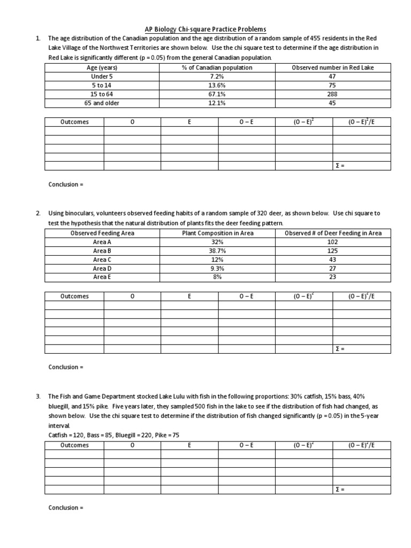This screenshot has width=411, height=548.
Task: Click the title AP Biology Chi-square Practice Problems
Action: coord(205,29)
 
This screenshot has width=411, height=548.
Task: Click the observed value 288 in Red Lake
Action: coord(332,94)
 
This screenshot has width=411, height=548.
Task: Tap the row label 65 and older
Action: coord(102,103)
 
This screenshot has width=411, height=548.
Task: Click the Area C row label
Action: coord(102,260)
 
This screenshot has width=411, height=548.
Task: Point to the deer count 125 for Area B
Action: coord(332,250)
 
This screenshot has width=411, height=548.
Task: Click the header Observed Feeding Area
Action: coord(102,233)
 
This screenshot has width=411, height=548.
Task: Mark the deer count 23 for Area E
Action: coord(332,277)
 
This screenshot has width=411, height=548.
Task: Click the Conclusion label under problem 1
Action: coord(66,185)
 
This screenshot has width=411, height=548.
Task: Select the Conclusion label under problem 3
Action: coord(66,507)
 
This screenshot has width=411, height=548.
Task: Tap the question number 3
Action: coord(38,397)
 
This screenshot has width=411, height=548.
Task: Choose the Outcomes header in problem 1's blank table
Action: coord(74,122)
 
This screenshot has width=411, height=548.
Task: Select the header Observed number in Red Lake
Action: coord(332,68)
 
